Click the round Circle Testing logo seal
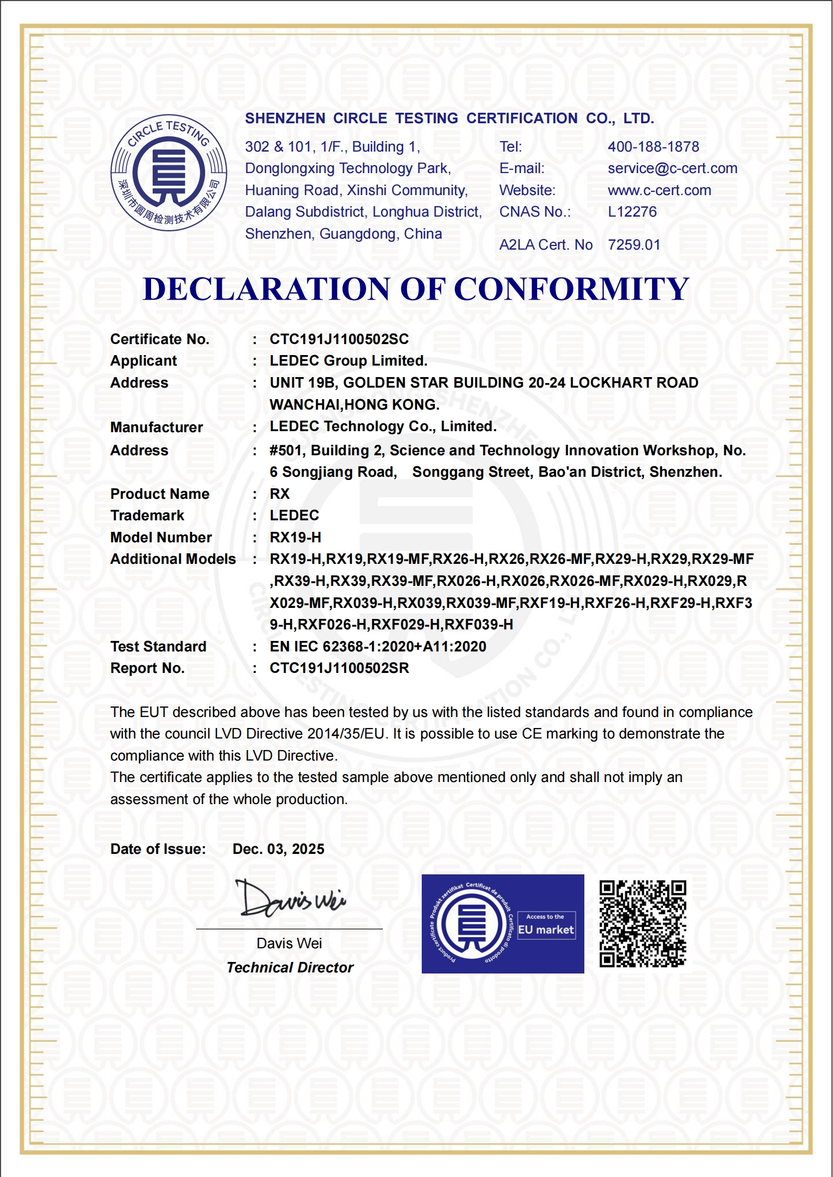[x=168, y=173]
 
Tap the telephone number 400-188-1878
[x=653, y=147]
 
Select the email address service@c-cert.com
[x=672, y=168]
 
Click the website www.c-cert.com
[x=659, y=190]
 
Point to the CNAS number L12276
[x=632, y=212]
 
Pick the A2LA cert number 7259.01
[x=634, y=245]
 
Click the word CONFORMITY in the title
[x=571, y=289]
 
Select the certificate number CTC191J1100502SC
[x=339, y=339]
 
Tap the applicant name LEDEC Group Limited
[x=348, y=361]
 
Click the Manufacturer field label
[x=156, y=427]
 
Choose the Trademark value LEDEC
[x=294, y=516]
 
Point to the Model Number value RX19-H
[x=295, y=538]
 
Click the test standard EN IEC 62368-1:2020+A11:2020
[x=378, y=647]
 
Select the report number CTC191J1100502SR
[x=339, y=668]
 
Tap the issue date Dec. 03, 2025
[x=278, y=849]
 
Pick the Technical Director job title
[x=290, y=968]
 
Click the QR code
[x=643, y=924]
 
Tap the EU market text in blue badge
[x=546, y=930]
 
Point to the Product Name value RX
[x=280, y=494]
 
